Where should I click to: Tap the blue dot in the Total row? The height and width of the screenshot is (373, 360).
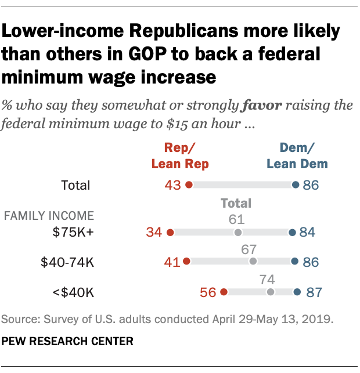click(296, 185)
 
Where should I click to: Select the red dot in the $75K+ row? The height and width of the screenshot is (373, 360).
click(170, 233)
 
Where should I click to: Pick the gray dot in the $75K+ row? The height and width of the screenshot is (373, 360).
click(237, 233)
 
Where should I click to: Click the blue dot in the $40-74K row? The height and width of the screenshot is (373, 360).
click(294, 262)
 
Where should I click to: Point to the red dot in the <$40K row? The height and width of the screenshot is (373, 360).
click(224, 292)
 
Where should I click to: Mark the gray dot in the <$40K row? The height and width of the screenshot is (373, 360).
click(270, 292)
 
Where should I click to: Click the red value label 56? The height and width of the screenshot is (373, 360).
click(208, 292)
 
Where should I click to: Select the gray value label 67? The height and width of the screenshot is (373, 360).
click(253, 248)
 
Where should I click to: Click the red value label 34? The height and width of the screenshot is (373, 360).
click(154, 233)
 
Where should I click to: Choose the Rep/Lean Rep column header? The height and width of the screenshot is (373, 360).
click(179, 156)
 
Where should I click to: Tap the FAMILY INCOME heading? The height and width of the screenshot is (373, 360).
click(49, 216)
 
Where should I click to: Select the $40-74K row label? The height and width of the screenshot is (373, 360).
click(66, 262)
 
